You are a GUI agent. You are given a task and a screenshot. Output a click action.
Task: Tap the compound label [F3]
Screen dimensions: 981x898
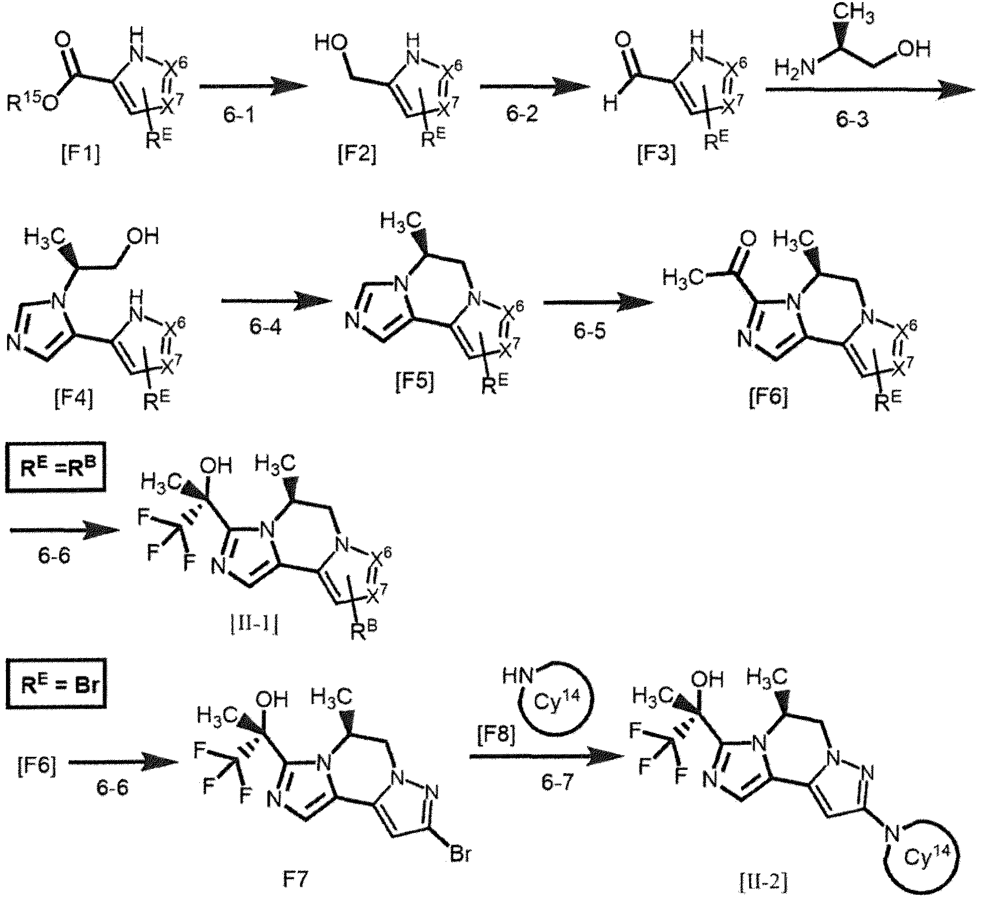coord(657,156)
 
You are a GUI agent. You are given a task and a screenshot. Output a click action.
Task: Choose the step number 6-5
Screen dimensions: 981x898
coord(590,329)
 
